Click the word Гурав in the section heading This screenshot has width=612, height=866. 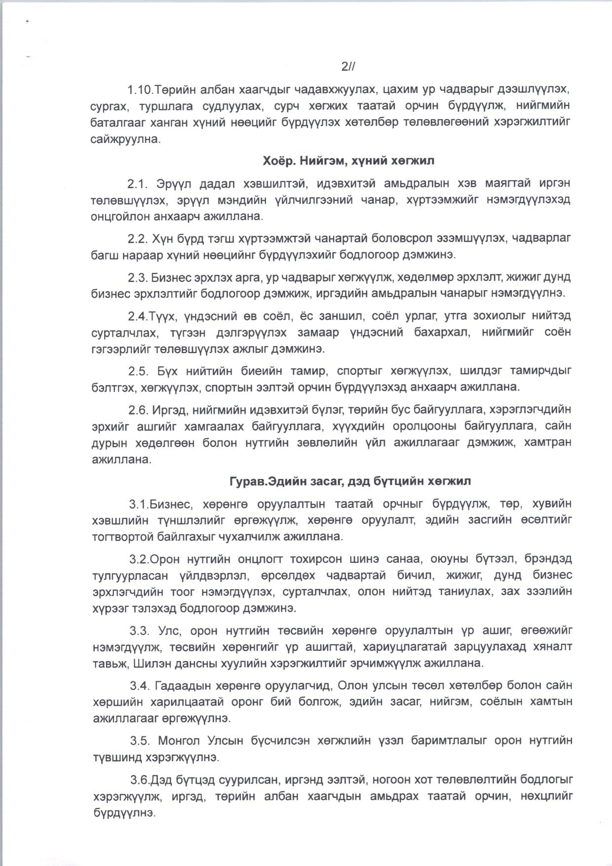click(x=245, y=481)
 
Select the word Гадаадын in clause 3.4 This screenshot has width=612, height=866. click(x=180, y=686)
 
